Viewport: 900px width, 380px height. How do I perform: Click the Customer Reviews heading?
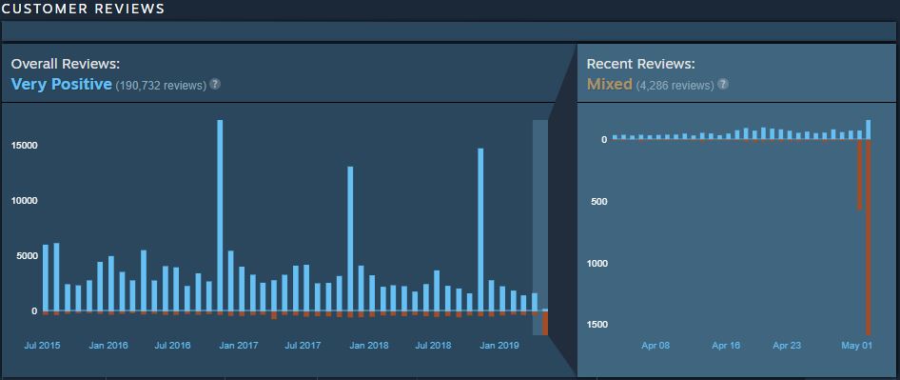pos(83,9)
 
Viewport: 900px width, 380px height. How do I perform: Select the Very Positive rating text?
pos(61,85)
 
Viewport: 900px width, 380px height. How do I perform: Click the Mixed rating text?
pos(609,85)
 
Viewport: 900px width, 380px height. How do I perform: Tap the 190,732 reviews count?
pos(161,86)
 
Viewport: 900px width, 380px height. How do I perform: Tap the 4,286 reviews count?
pos(675,86)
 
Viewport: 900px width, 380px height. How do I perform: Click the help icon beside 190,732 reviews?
pos(215,85)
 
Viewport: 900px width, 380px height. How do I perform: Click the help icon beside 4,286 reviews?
pos(723,85)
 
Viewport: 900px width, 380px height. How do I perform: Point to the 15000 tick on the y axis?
pos(24,146)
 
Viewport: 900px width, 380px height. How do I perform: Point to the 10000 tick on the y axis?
pos(24,201)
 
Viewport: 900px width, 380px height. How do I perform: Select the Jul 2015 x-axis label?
pos(42,345)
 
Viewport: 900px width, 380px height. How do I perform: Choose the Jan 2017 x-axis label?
pos(238,345)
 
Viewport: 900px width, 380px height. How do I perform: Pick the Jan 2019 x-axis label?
pos(499,345)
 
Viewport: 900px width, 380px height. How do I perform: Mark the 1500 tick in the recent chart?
pos(596,325)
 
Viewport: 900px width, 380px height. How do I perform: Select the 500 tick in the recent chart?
pos(598,202)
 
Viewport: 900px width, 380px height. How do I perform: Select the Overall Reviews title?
pos(65,64)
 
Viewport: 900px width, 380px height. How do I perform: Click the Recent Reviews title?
pos(640,64)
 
